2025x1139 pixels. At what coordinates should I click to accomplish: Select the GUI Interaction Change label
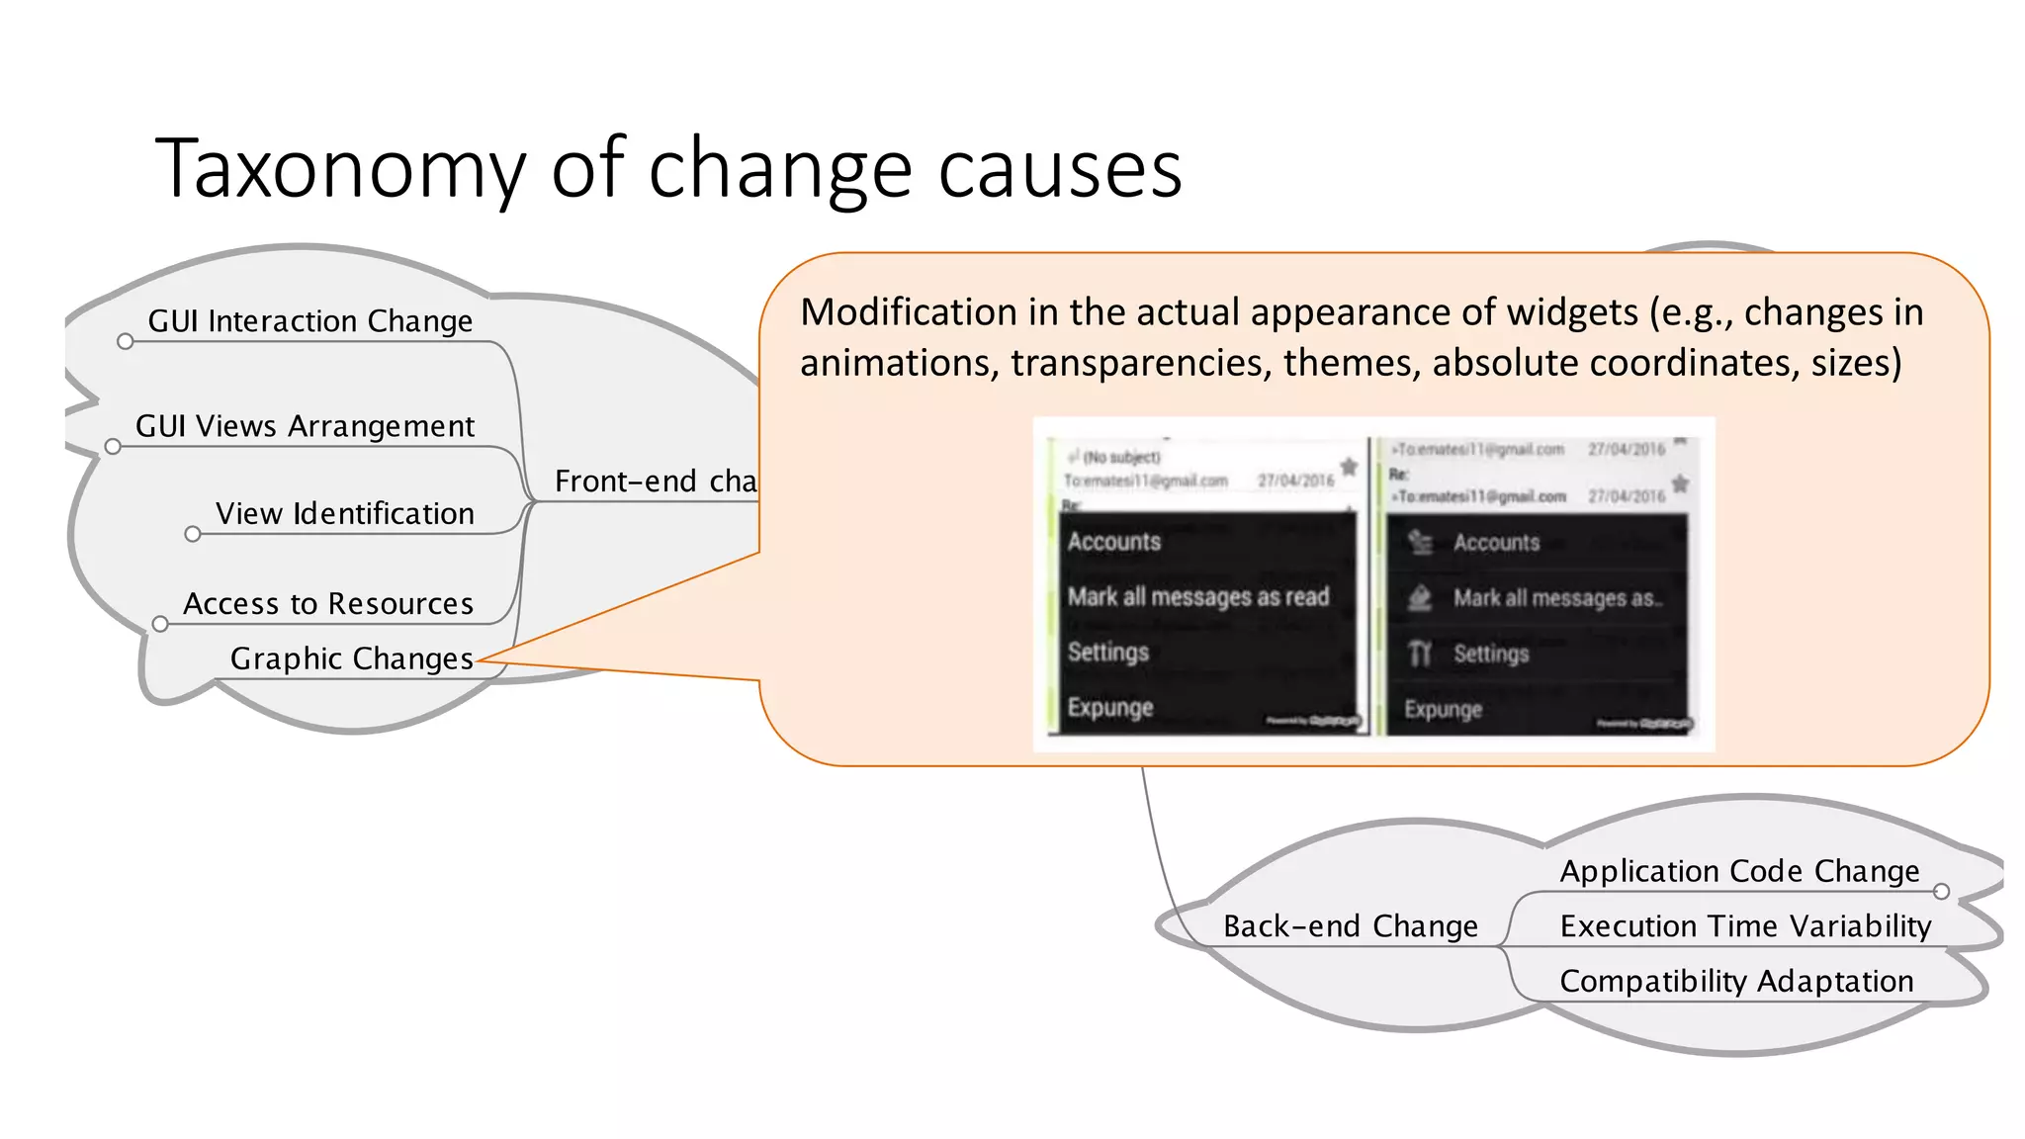[309, 321]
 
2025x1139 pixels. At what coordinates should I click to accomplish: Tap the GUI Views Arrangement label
[305, 426]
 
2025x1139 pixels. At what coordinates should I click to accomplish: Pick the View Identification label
[344, 514]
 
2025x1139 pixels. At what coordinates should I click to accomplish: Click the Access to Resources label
[328, 604]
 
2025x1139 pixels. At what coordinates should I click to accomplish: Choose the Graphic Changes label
[351, 658]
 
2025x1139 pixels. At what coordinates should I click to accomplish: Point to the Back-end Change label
[1350, 926]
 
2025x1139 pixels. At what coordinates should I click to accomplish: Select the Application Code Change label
[1739, 871]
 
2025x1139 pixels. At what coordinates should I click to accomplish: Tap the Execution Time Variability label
[1745, 926]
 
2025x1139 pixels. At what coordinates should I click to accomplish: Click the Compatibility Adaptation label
[1736, 981]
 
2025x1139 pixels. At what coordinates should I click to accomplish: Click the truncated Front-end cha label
[655, 482]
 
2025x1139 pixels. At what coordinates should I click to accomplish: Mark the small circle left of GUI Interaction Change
[125, 342]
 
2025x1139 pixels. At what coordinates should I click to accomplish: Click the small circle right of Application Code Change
[1941, 892]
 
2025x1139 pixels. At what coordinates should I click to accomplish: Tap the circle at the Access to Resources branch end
[160, 624]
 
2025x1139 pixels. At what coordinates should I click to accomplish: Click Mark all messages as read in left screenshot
[1197, 597]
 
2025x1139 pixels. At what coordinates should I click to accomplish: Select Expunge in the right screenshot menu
[1443, 710]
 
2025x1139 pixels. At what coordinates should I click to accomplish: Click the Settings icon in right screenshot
[1420, 654]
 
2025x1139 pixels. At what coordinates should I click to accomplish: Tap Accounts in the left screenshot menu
[1113, 542]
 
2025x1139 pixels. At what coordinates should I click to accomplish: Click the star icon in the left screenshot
[1348, 466]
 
